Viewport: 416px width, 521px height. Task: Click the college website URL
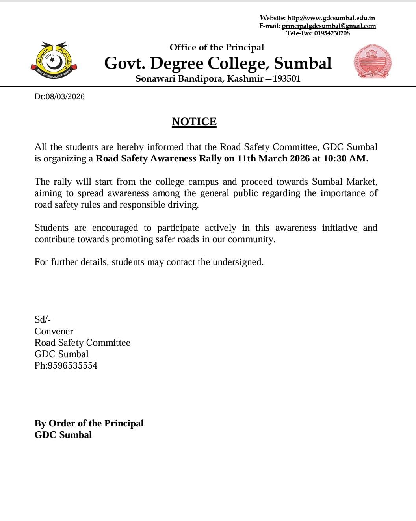click(x=331, y=18)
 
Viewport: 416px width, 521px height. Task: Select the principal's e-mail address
click(x=329, y=26)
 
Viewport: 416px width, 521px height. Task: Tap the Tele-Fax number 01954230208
click(x=332, y=33)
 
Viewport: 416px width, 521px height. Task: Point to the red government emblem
click(x=372, y=61)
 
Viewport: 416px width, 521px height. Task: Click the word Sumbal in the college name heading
click(x=303, y=63)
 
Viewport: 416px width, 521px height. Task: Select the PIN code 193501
click(x=286, y=79)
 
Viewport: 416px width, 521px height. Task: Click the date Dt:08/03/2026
click(x=59, y=97)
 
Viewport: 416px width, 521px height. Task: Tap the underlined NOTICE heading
click(x=194, y=122)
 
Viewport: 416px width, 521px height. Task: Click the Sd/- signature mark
click(x=43, y=319)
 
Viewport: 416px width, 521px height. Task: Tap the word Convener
click(x=54, y=332)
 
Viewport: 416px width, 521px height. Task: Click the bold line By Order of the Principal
click(x=89, y=424)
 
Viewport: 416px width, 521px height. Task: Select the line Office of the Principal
click(x=217, y=48)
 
